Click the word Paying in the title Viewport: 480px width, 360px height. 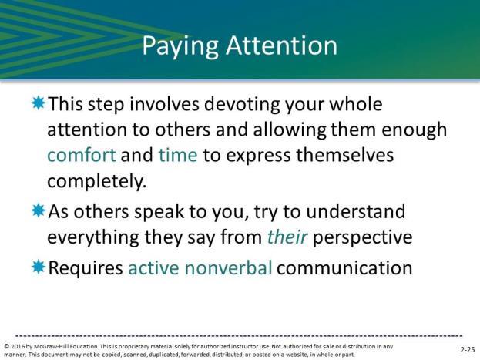click(x=180, y=46)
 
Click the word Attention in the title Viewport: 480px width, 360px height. click(x=282, y=45)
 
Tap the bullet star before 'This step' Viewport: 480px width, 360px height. click(x=39, y=103)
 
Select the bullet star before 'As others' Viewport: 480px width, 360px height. click(x=39, y=210)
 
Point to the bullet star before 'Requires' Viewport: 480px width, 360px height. click(x=39, y=267)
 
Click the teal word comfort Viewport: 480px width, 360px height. click(x=82, y=155)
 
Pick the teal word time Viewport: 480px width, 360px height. click(x=178, y=155)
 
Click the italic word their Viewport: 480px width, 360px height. click(x=287, y=237)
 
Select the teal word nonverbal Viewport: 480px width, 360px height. click(x=228, y=267)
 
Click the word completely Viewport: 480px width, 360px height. click(x=97, y=182)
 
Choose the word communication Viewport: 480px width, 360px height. click(x=344, y=267)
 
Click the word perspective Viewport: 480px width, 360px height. click(x=362, y=237)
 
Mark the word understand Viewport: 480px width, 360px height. click(x=356, y=211)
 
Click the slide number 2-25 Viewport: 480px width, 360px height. click(x=468, y=349)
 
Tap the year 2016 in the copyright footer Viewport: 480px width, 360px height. click(x=18, y=347)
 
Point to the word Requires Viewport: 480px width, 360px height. click(x=86, y=268)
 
